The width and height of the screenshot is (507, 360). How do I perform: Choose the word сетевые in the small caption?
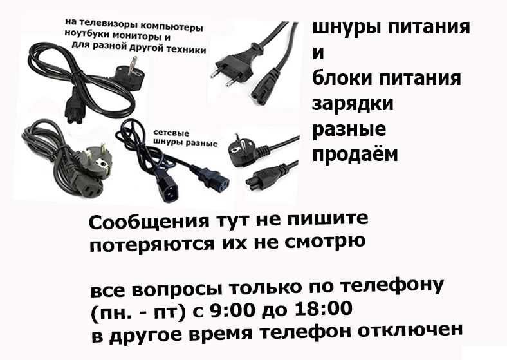[171, 133]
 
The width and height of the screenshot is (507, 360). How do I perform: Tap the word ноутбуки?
[88, 38]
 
